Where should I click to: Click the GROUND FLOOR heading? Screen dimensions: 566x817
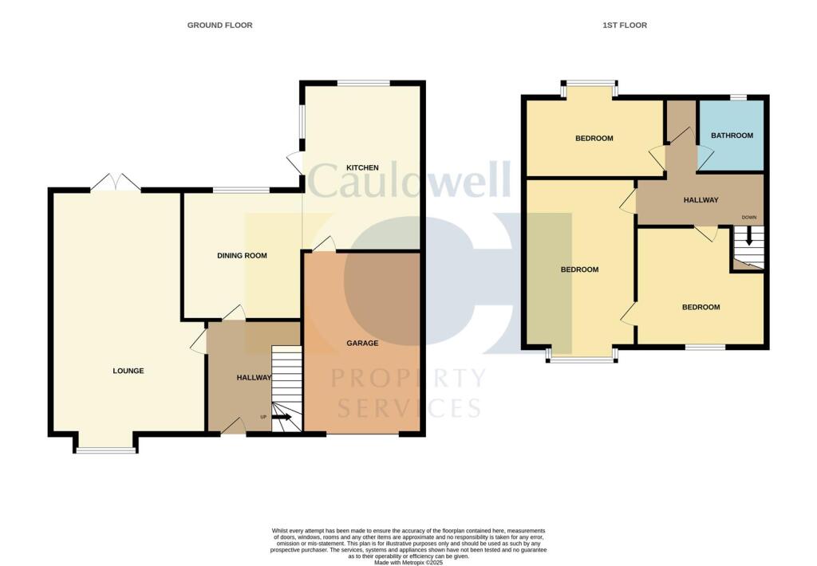(219, 26)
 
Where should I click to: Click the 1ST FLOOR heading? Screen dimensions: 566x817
(625, 26)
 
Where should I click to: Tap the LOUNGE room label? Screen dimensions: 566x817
(128, 371)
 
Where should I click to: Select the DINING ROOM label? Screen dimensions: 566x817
(242, 256)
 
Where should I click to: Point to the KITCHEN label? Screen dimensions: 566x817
(361, 167)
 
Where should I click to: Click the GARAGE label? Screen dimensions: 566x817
(362, 344)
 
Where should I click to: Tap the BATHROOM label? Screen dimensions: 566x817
(732, 136)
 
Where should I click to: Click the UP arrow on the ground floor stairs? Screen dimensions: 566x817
(282, 416)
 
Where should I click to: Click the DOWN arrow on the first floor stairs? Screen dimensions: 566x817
(748, 237)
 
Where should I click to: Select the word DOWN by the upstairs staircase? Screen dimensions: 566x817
(748, 218)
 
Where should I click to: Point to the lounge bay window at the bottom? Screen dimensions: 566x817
(105, 450)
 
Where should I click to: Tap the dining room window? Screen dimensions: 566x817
(241, 190)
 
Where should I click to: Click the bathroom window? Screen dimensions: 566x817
(738, 97)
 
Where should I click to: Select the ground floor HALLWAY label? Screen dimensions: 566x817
(255, 378)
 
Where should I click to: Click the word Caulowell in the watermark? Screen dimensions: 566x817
(408, 180)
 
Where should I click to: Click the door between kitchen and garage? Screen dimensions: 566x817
(323, 245)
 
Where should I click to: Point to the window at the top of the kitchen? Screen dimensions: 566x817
(363, 82)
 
